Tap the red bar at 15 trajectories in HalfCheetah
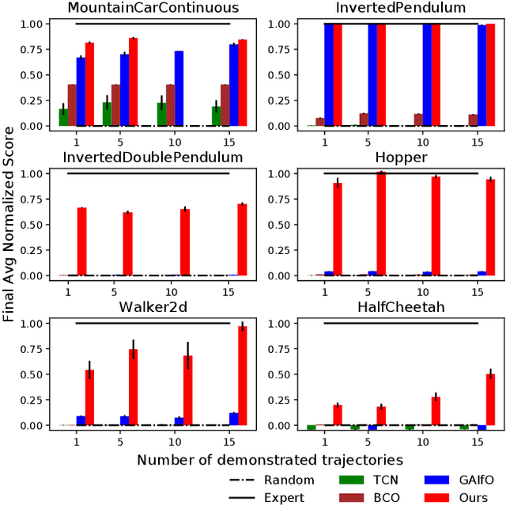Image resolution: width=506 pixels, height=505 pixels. click(x=490, y=400)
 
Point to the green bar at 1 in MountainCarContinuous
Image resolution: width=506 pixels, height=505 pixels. click(x=63, y=117)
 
